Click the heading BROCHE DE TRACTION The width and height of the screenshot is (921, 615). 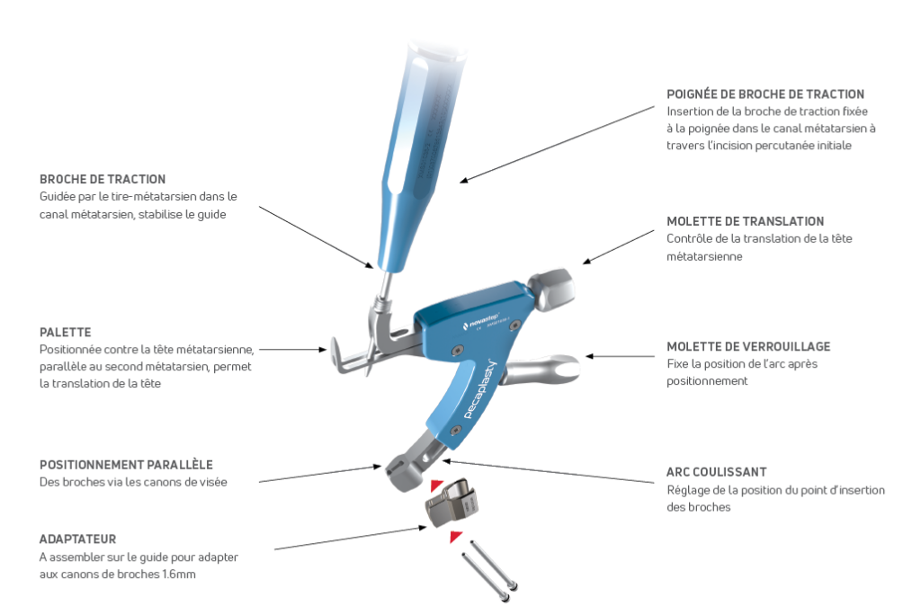pyautogui.click(x=103, y=179)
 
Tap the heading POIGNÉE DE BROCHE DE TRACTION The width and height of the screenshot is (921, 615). pyautogui.click(x=765, y=94)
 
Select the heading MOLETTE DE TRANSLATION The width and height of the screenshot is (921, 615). pyautogui.click(x=745, y=221)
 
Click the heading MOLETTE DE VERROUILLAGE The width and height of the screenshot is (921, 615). pyautogui.click(x=748, y=346)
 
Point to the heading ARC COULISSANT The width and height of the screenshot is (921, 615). pyautogui.click(x=716, y=472)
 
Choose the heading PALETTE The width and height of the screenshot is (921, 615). pyautogui.click(x=65, y=333)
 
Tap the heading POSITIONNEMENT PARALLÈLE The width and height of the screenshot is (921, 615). pyautogui.click(x=126, y=465)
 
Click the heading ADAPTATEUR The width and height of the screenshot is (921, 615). pyautogui.click(x=77, y=539)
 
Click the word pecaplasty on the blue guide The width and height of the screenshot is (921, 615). pyautogui.click(x=480, y=388)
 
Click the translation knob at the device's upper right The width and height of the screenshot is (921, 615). pyautogui.click(x=551, y=290)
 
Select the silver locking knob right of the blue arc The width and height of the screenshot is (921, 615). pyautogui.click(x=542, y=369)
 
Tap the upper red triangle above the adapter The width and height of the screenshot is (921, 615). pyautogui.click(x=436, y=486)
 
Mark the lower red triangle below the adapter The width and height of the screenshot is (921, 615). pyautogui.click(x=455, y=536)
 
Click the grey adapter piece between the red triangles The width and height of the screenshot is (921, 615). pyautogui.click(x=452, y=503)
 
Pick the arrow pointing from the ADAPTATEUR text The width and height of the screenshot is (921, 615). pyautogui.click(x=351, y=538)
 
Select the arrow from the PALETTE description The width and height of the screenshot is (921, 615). pyautogui.click(x=293, y=350)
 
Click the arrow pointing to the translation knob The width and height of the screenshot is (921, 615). pyautogui.click(x=619, y=247)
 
